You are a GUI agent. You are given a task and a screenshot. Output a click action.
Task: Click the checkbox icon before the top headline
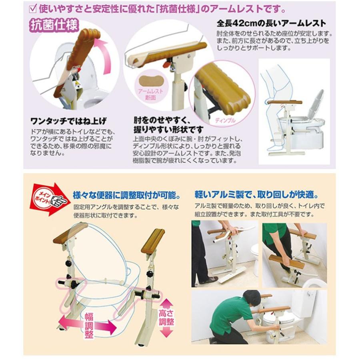pyautogui.click(x=33, y=9)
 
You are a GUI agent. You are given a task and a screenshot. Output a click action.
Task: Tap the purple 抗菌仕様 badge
pyautogui.click(x=54, y=25)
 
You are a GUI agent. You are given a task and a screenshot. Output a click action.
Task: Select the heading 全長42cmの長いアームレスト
pyautogui.click(x=271, y=23)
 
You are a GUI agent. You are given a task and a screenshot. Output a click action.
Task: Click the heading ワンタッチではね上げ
pyautogui.click(x=68, y=121)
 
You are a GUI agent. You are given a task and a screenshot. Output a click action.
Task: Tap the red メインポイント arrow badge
pyautogui.click(x=49, y=199)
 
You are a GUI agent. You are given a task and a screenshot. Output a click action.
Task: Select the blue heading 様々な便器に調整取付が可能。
pyautogui.click(x=126, y=195)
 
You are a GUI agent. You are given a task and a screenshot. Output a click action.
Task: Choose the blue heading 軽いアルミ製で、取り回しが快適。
pyautogui.click(x=257, y=195)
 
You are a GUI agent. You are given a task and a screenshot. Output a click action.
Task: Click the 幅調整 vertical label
pyautogui.click(x=89, y=325)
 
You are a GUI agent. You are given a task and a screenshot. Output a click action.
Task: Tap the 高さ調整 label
pyautogui.click(x=166, y=318)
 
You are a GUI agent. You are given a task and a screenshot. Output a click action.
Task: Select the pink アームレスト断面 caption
pyautogui.click(x=151, y=94)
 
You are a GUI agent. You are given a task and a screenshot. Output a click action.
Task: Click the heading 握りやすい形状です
pyautogui.click(x=168, y=130)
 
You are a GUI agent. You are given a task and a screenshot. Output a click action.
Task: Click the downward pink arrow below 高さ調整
pyautogui.click(x=166, y=332)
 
